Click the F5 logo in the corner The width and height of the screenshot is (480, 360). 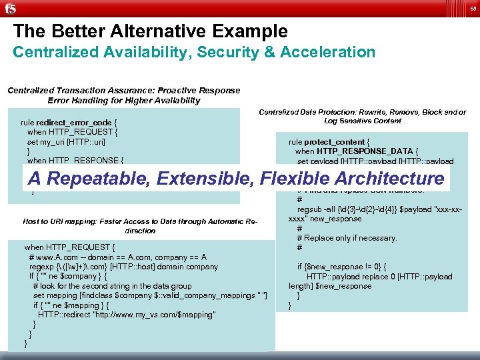point(10,8)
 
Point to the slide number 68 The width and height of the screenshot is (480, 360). point(472,8)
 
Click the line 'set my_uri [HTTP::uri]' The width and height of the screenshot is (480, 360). point(66,142)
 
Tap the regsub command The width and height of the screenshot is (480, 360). point(310,209)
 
